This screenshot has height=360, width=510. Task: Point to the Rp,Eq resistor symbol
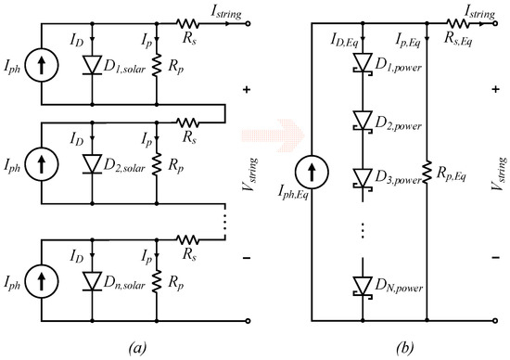[x=427, y=173]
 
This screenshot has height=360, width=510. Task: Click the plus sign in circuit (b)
[x=490, y=91]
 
